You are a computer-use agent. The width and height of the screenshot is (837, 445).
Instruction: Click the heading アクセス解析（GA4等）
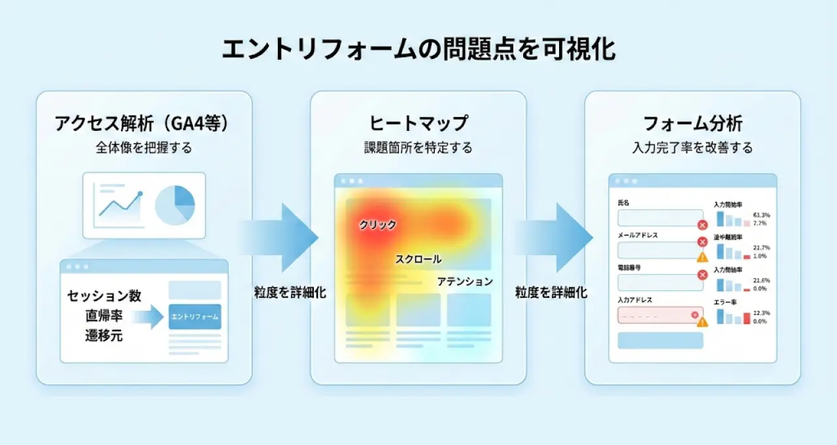[x=144, y=124]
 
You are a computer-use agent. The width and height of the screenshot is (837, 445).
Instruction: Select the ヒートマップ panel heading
[x=418, y=124]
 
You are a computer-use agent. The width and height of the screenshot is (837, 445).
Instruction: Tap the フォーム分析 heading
[x=692, y=124]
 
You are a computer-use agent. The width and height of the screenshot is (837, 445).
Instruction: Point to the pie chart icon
[x=175, y=204]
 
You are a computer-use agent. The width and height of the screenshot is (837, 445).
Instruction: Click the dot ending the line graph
[x=139, y=194]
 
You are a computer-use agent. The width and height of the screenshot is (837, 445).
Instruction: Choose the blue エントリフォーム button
[x=195, y=317]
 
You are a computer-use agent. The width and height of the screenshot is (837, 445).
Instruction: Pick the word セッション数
[x=104, y=296]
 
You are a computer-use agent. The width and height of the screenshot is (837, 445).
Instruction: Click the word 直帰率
[x=104, y=316]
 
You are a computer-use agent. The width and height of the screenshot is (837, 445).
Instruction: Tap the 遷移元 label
[x=104, y=336]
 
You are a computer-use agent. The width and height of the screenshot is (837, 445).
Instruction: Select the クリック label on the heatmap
[x=378, y=224]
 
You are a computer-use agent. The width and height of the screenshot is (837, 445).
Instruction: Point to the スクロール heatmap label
[x=418, y=259]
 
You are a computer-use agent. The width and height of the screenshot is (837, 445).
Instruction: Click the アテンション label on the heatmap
[x=465, y=281]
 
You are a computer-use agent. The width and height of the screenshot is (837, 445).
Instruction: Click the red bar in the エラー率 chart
[x=747, y=319]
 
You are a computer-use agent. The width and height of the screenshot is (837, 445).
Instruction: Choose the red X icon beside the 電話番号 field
[x=703, y=275]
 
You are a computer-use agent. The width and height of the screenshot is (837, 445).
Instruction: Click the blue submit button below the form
[x=660, y=340]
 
